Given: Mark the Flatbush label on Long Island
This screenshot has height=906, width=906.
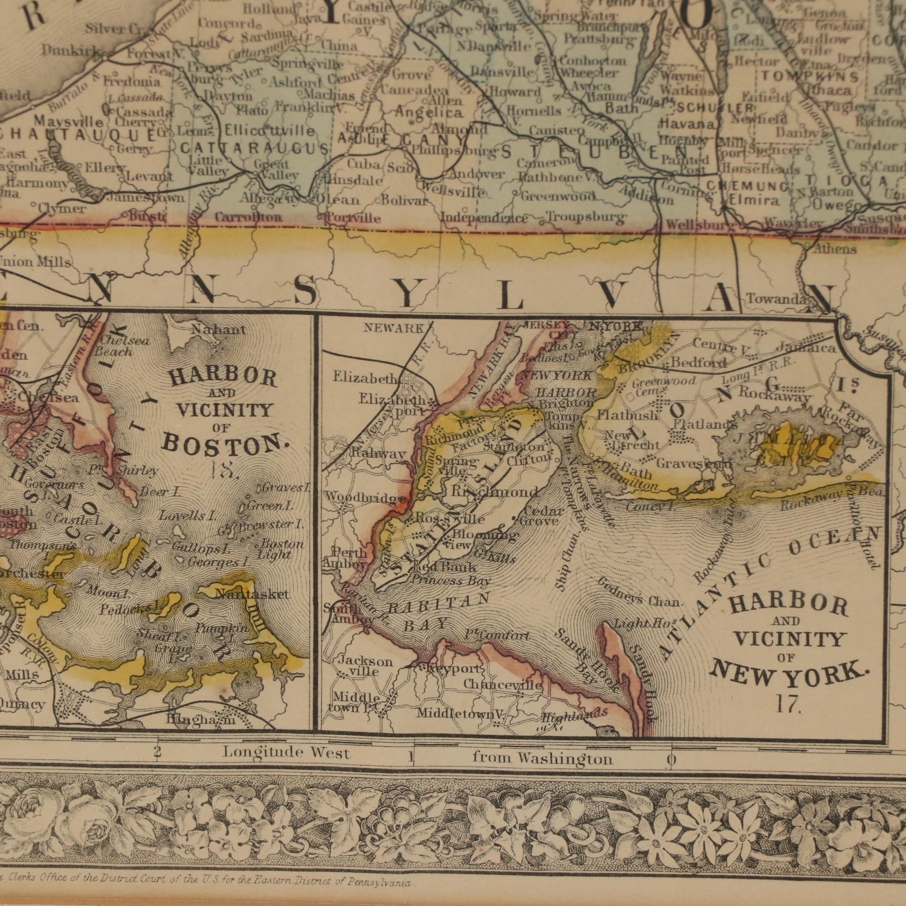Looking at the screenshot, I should pos(622,415).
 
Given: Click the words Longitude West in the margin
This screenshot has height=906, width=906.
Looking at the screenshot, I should pos(286,753).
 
